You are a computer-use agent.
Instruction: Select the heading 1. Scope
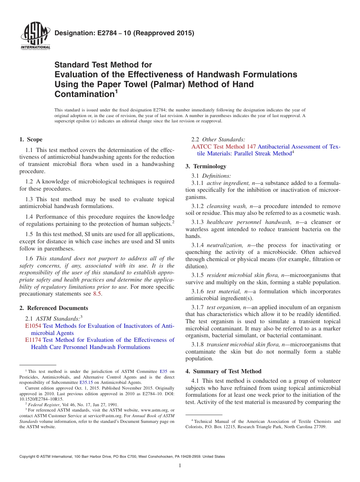point(31,139)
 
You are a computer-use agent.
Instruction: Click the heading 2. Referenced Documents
point(54,308)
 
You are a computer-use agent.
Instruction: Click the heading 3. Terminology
point(206,166)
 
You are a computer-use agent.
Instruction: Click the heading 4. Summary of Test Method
point(223,371)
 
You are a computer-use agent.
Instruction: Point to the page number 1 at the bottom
point(180,465)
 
